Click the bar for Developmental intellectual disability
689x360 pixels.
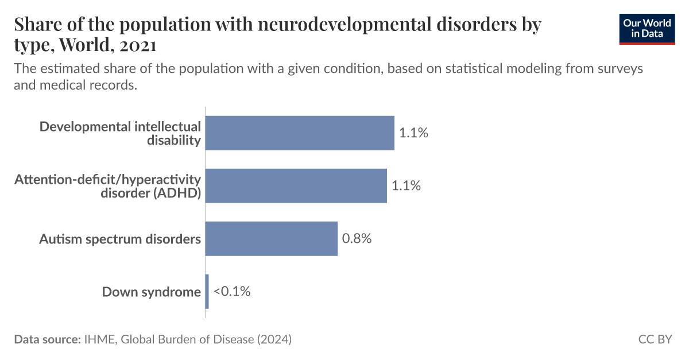pos(300,133)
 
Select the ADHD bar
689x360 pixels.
pos(296,185)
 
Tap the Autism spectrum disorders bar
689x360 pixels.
pos(271,238)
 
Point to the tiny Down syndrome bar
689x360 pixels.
pos(207,292)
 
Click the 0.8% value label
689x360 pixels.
pos(357,238)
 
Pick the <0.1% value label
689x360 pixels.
pos(232,292)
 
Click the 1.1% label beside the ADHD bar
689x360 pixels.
pos(406,185)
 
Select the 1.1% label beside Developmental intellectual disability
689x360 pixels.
pos(413,133)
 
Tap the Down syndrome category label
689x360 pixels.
pos(152,292)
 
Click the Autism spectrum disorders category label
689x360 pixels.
pos(120,239)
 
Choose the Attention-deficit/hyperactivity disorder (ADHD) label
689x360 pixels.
pos(108,186)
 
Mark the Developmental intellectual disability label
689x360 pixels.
pos(121,133)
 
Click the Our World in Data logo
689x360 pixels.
pos(647,28)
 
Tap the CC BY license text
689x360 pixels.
pos(655,339)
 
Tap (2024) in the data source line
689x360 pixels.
pos(274,339)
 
